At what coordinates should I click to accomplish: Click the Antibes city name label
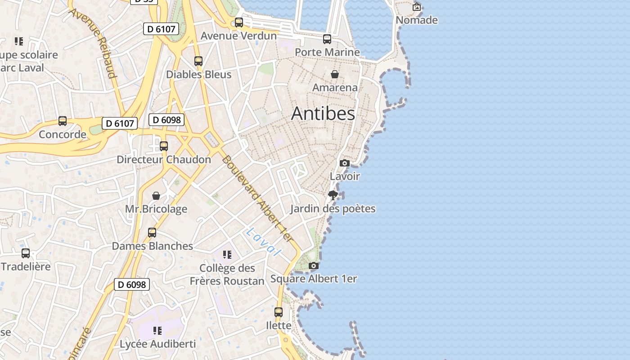323,113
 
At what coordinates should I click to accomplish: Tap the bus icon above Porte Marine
327,39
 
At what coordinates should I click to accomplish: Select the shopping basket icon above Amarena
335,74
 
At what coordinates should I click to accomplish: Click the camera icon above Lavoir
345,163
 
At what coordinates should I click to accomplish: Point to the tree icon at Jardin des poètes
333,195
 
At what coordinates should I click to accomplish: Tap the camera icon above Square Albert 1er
314,266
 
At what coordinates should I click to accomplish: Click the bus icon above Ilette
279,312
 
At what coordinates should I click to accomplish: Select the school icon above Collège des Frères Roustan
227,255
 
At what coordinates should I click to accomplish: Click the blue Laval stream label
264,242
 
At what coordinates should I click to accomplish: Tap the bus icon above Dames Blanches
152,233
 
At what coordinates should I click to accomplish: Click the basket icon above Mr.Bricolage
156,196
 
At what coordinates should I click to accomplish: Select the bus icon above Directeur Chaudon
164,146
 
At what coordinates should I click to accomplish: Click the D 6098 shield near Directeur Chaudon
166,120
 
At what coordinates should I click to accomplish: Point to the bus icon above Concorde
63,121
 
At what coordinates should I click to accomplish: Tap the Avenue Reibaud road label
93,43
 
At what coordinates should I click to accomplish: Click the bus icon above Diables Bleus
198,61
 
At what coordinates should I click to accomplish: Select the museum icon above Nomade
417,7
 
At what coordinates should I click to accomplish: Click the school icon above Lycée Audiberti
157,331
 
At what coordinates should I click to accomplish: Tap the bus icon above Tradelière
26,253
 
